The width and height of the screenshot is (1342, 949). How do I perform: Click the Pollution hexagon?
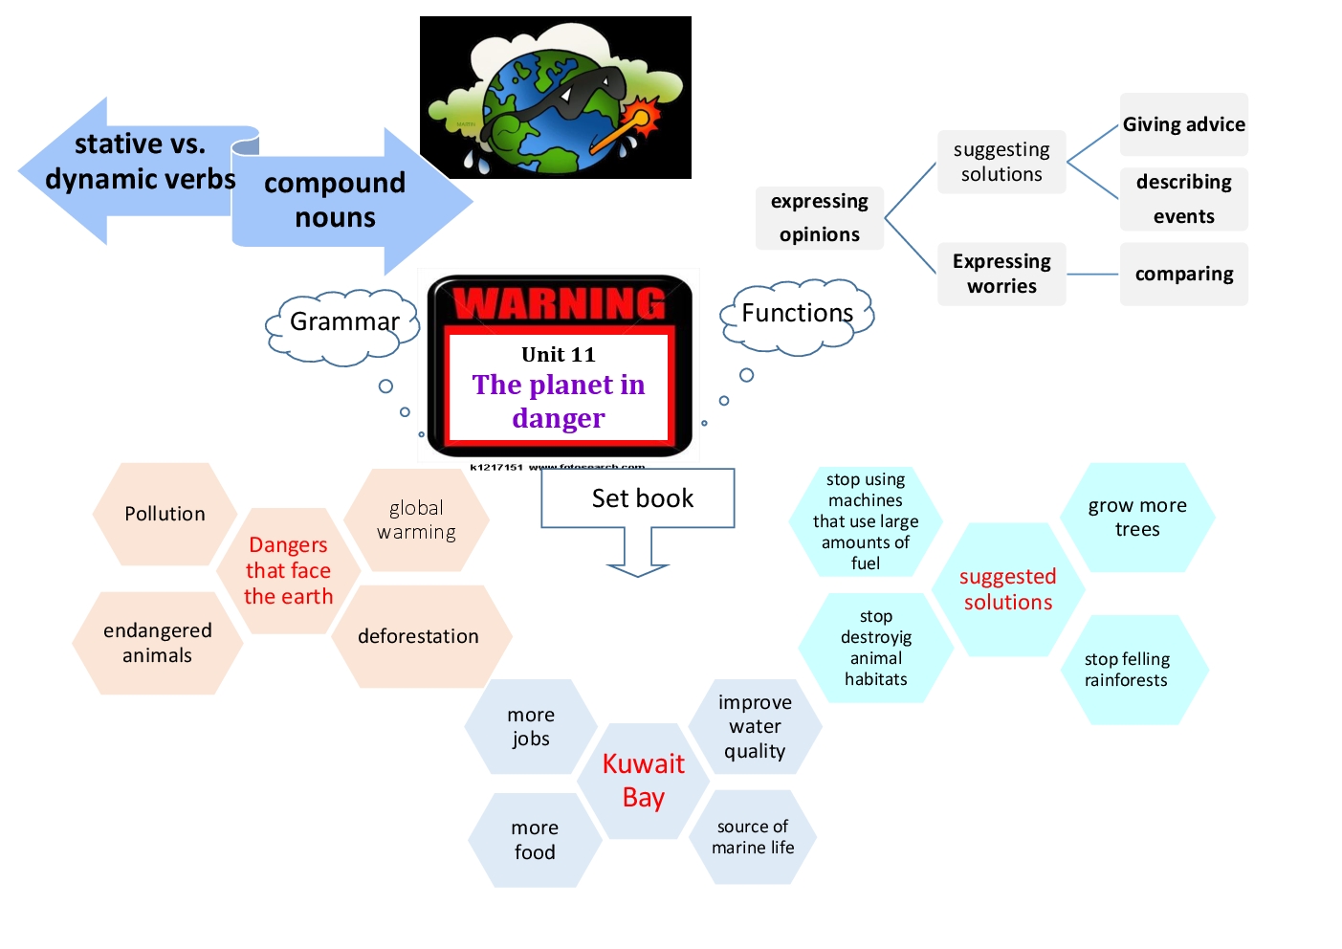(165, 514)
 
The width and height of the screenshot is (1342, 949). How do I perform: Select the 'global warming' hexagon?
(416, 519)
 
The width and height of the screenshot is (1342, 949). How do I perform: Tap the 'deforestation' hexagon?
(419, 636)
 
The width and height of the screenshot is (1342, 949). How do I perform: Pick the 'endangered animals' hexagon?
(157, 643)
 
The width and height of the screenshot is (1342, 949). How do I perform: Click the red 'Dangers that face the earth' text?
(288, 570)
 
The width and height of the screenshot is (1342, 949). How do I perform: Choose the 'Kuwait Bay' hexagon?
(643, 781)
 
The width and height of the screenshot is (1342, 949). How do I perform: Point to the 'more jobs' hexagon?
(531, 727)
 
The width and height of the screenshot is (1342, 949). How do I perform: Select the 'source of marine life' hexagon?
(753, 837)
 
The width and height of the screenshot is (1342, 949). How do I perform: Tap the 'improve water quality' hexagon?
(755, 727)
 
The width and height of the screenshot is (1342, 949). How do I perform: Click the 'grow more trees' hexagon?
(1137, 518)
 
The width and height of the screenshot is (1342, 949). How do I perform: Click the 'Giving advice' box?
(1183, 124)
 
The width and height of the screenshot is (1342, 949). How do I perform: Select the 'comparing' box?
(1183, 275)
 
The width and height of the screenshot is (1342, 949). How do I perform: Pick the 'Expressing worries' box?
(1001, 275)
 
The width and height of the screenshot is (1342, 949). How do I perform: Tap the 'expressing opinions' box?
(820, 218)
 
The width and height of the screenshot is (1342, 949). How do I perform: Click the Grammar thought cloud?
(343, 322)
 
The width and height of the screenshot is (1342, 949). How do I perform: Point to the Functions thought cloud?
(797, 314)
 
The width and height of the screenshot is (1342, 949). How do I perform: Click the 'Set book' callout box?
(638, 498)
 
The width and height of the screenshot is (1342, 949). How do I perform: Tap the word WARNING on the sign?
(560, 304)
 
